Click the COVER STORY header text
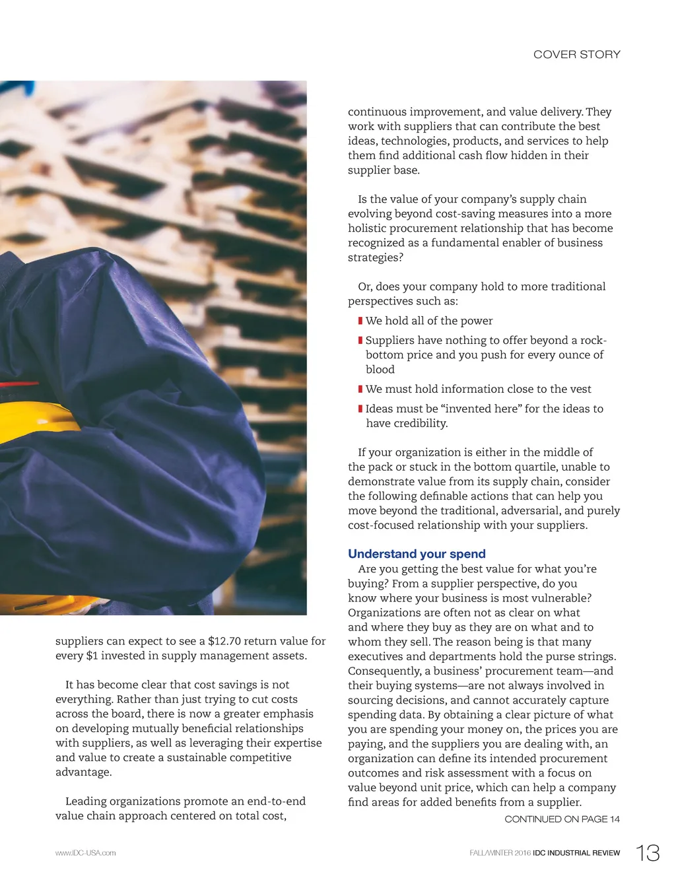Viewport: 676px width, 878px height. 576,54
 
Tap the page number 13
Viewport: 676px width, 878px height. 648,853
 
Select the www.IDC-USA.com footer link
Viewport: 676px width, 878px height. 85,853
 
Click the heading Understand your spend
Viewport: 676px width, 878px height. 417,554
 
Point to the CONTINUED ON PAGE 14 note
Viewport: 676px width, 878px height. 562,819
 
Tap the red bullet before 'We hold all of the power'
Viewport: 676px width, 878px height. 360,321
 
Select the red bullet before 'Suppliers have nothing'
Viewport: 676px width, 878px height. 360,341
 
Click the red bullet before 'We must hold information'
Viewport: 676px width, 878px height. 360,389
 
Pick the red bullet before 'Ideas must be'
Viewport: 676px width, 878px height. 360,409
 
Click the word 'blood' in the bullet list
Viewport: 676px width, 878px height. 380,370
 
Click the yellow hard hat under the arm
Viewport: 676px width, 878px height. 36,422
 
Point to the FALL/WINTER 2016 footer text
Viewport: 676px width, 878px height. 500,853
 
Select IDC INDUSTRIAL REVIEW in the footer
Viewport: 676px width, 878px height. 576,853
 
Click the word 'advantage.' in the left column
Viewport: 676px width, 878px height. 84,772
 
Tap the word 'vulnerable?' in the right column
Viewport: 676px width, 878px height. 560,598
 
